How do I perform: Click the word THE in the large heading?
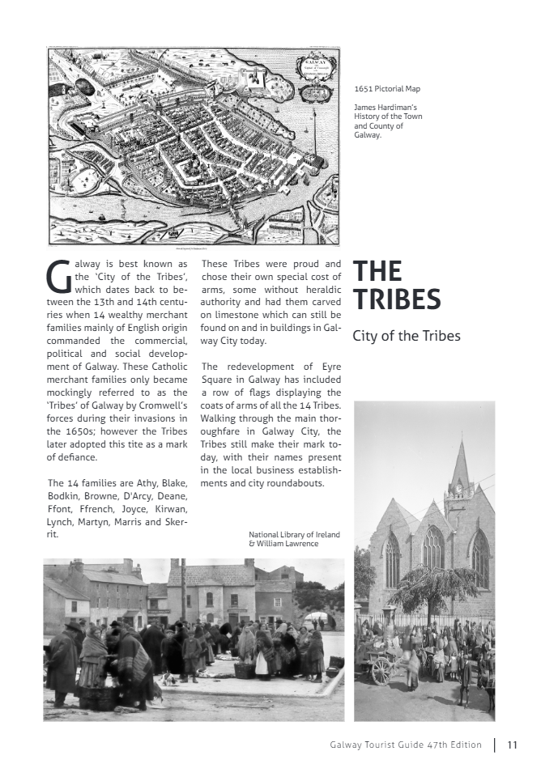tap(377, 271)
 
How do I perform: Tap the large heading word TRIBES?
tap(397, 299)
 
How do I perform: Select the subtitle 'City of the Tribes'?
tap(406, 336)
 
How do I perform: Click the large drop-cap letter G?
tap(59, 277)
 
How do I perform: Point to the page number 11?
tap(513, 745)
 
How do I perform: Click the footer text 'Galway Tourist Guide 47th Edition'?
tap(406, 745)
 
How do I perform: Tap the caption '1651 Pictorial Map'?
tap(387, 88)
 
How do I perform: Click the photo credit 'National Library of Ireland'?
tap(294, 535)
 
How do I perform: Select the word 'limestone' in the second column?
tap(236, 314)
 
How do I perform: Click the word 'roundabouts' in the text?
tap(296, 483)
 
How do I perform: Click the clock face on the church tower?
tap(459, 489)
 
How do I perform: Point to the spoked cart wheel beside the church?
tap(381, 670)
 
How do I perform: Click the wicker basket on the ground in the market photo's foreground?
tap(244, 669)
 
